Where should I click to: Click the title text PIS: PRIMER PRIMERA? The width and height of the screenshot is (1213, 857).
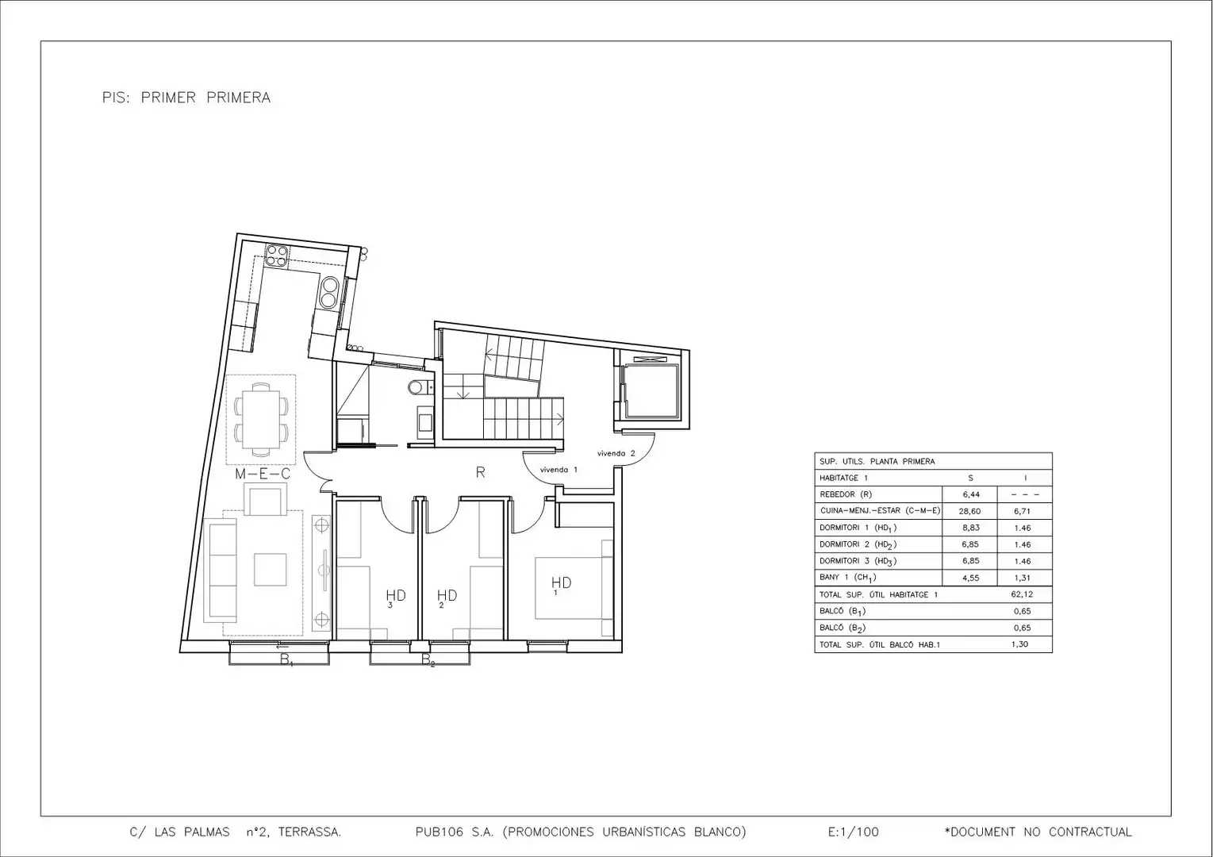(x=186, y=98)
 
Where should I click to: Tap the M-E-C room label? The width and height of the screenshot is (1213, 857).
(x=263, y=474)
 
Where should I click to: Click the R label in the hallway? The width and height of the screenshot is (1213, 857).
(x=480, y=472)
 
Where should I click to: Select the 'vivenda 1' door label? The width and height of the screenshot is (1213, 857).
(x=559, y=470)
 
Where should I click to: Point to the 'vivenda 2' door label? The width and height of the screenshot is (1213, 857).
(x=616, y=453)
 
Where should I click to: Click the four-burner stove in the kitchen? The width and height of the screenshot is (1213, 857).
(x=277, y=256)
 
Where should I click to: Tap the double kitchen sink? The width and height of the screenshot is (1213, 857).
(x=329, y=292)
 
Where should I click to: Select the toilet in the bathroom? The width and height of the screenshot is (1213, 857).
(x=417, y=387)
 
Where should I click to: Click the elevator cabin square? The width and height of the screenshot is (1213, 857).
(x=651, y=392)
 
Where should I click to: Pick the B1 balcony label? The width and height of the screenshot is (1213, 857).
(x=286, y=660)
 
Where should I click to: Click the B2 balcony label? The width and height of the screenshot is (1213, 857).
(x=428, y=660)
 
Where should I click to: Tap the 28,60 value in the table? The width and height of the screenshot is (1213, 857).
(x=969, y=511)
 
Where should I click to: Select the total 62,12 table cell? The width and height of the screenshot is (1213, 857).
(x=1022, y=594)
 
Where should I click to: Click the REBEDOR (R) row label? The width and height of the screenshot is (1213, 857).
(x=846, y=494)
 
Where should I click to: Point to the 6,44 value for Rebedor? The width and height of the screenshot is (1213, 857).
(x=970, y=494)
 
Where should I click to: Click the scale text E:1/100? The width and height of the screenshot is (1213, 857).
(x=854, y=832)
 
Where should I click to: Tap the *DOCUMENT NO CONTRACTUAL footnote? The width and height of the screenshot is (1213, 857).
(x=1038, y=832)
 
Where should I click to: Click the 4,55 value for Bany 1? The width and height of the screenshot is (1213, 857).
(x=970, y=578)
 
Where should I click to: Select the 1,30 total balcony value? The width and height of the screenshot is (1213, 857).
(x=1019, y=644)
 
